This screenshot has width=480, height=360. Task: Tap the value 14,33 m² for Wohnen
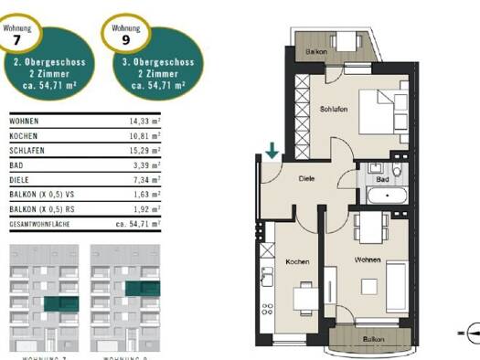(x=144, y=121)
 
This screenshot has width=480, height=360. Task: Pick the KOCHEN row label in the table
(x=24, y=135)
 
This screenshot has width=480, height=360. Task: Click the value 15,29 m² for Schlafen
(x=144, y=151)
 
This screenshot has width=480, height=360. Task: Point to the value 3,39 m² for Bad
(x=147, y=165)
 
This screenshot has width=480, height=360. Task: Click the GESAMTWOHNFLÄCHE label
(x=40, y=223)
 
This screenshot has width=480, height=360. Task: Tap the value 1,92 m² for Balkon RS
(x=147, y=209)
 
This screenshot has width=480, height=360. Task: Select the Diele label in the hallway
(x=306, y=179)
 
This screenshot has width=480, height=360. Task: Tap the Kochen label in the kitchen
(x=297, y=262)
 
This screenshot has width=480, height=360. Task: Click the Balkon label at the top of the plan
(x=317, y=51)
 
